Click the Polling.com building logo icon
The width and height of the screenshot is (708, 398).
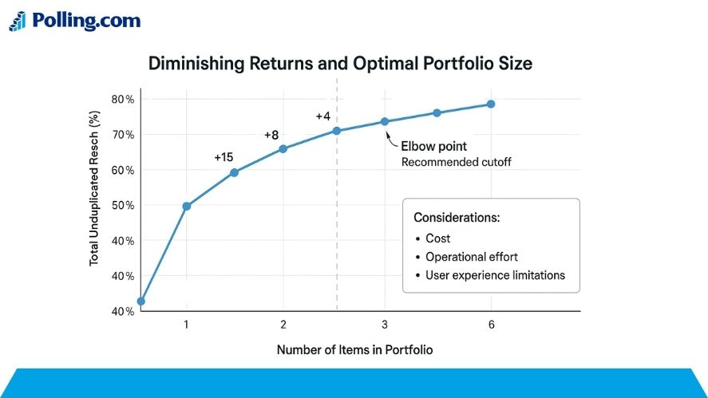coord(18,22)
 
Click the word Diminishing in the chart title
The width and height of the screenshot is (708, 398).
coord(196,64)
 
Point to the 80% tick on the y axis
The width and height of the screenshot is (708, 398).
coord(123,99)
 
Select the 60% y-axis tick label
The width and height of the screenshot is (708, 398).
coord(123,170)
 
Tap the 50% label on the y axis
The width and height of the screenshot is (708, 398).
coord(123,205)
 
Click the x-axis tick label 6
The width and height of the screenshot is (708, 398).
coord(491,325)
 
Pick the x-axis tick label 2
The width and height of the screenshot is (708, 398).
coord(283,325)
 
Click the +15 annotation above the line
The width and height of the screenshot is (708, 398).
coord(223,157)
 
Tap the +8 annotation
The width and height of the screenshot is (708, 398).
coord(271,135)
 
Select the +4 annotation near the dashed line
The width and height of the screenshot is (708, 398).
coord(322,116)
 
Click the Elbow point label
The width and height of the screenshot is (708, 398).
coord(434,146)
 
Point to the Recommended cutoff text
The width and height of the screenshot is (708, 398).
coord(456,162)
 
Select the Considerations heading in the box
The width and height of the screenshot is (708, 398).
coord(457,218)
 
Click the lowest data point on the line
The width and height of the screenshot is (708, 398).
coord(140,301)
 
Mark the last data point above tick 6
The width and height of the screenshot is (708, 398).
coord(491,104)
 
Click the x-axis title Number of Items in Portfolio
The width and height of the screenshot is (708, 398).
coord(354,349)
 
